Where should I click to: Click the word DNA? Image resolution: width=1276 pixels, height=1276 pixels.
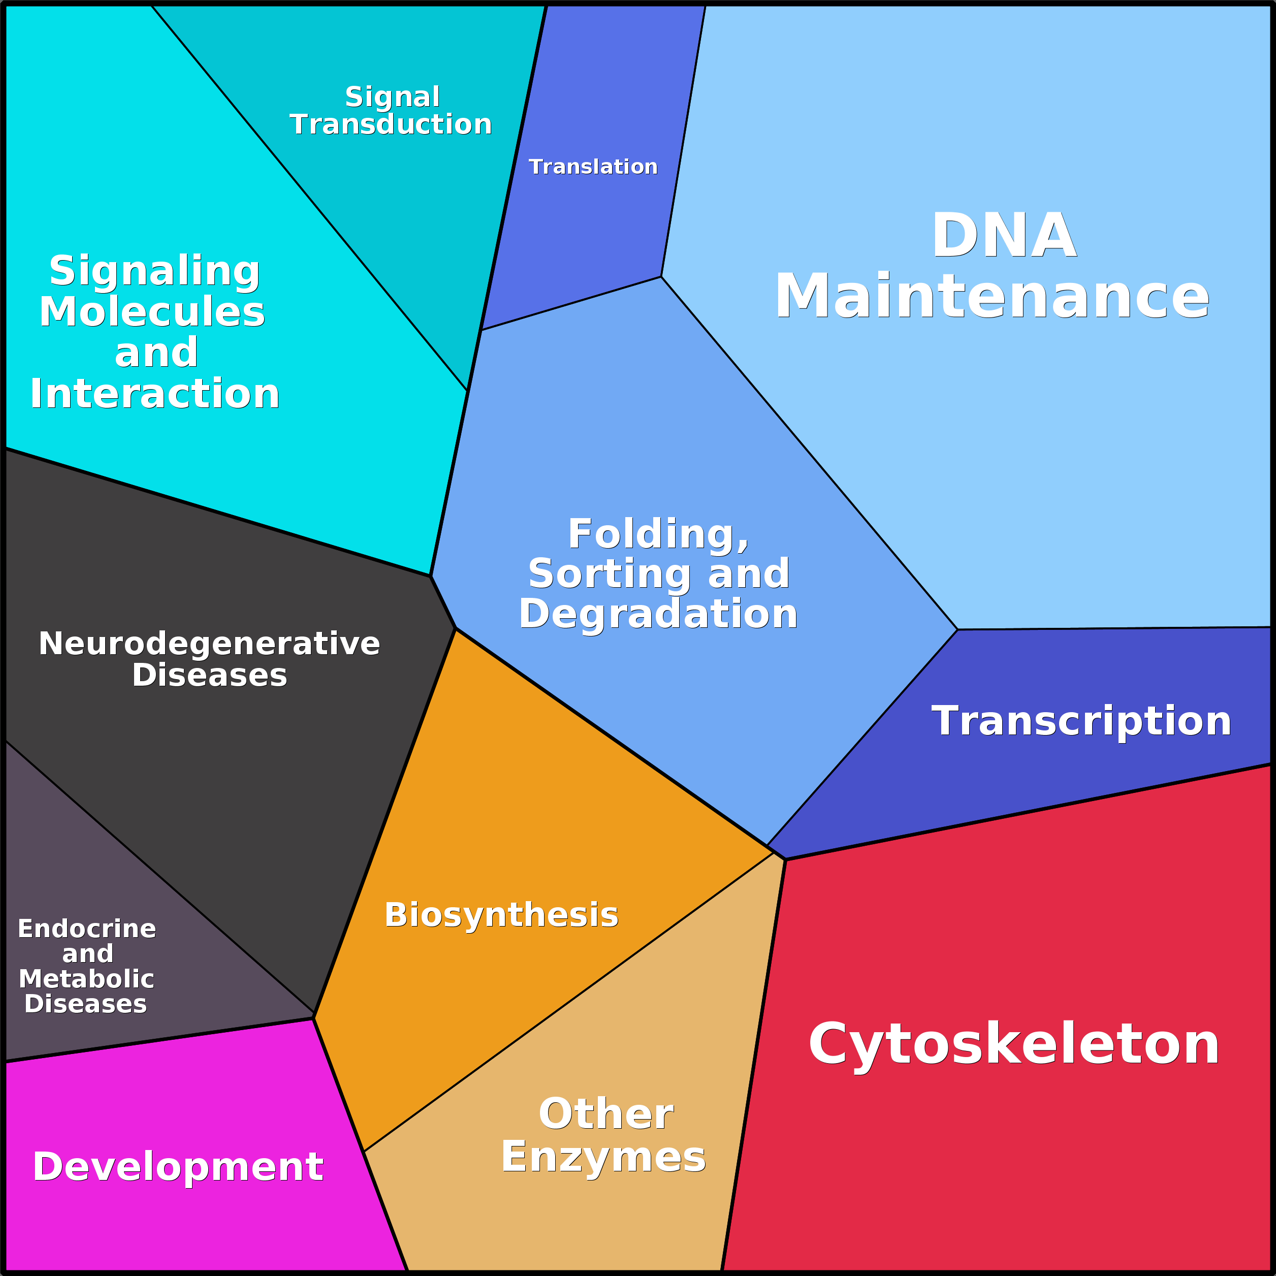pyautogui.click(x=1004, y=236)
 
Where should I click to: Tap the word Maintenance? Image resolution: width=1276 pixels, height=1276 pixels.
pyautogui.click(x=992, y=297)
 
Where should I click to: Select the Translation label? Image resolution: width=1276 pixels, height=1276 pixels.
pyautogui.click(x=593, y=167)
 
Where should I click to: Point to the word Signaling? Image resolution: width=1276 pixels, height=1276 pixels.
pyautogui.click(x=154, y=271)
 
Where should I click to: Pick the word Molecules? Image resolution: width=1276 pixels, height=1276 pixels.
pyautogui.click(x=152, y=312)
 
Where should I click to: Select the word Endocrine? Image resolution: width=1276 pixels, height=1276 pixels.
pyautogui.click(x=86, y=929)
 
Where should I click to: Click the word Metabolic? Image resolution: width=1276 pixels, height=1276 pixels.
pyautogui.click(x=86, y=979)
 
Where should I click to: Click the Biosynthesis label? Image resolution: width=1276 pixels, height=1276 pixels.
pyautogui.click(x=501, y=915)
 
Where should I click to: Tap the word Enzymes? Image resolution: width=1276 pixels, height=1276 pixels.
pyautogui.click(x=603, y=1157)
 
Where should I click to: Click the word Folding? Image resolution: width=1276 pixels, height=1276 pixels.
pyautogui.click(x=658, y=534)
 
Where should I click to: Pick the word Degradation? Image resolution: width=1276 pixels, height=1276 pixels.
pyautogui.click(x=658, y=614)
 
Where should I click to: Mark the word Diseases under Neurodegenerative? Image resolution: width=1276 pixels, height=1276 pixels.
pyautogui.click(x=209, y=675)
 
